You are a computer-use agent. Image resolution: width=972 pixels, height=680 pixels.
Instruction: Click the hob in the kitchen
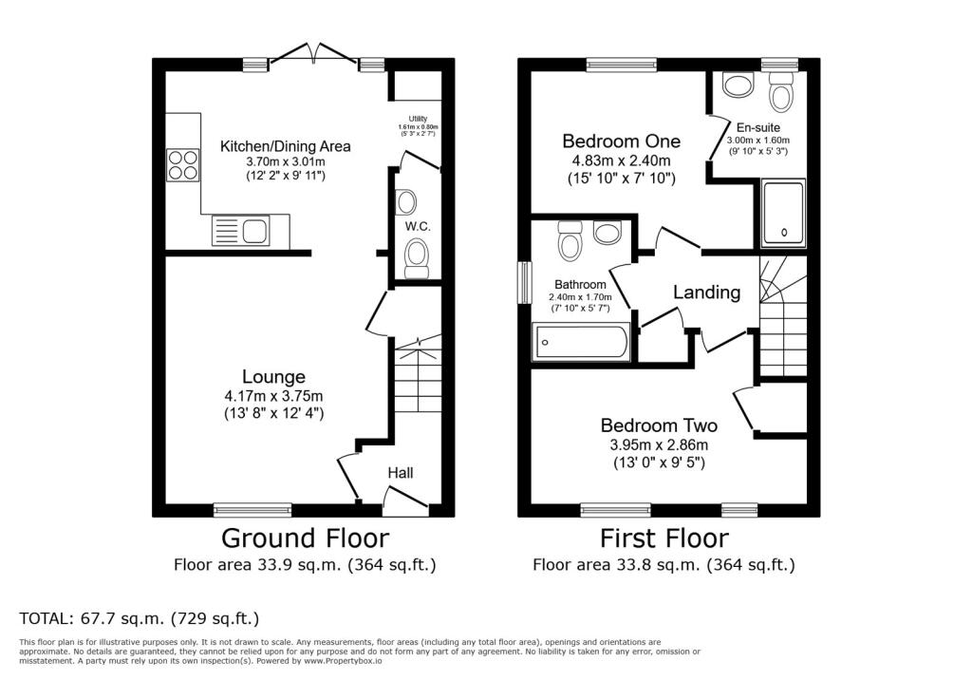[183, 165]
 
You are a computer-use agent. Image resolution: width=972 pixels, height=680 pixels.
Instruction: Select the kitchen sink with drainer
[240, 231]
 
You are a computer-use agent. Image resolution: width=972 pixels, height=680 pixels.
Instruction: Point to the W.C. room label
[418, 226]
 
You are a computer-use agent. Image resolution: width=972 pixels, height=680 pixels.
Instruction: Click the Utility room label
[418, 119]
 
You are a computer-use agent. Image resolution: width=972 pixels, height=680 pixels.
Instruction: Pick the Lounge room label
[273, 377]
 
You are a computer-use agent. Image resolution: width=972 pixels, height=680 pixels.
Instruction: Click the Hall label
[401, 473]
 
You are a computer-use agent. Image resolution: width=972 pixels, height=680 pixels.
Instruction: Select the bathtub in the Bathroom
[580, 341]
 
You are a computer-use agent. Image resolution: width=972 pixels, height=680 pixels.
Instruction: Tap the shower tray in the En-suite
[783, 212]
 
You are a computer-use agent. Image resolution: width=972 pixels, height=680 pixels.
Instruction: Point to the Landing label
[706, 293]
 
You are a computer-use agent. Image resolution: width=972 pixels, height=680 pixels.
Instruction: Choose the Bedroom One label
[621, 141]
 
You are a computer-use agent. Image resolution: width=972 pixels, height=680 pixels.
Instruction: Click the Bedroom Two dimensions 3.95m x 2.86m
[659, 444]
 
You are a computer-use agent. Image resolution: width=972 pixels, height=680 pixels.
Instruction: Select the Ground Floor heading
[305, 538]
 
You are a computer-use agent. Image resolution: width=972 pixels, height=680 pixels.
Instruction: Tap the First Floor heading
[664, 538]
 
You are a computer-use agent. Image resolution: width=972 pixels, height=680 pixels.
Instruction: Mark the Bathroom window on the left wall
[524, 282]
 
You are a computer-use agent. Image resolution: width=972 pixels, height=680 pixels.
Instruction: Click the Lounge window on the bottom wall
[252, 510]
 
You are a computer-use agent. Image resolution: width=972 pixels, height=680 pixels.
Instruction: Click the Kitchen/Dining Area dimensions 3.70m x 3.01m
[286, 162]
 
